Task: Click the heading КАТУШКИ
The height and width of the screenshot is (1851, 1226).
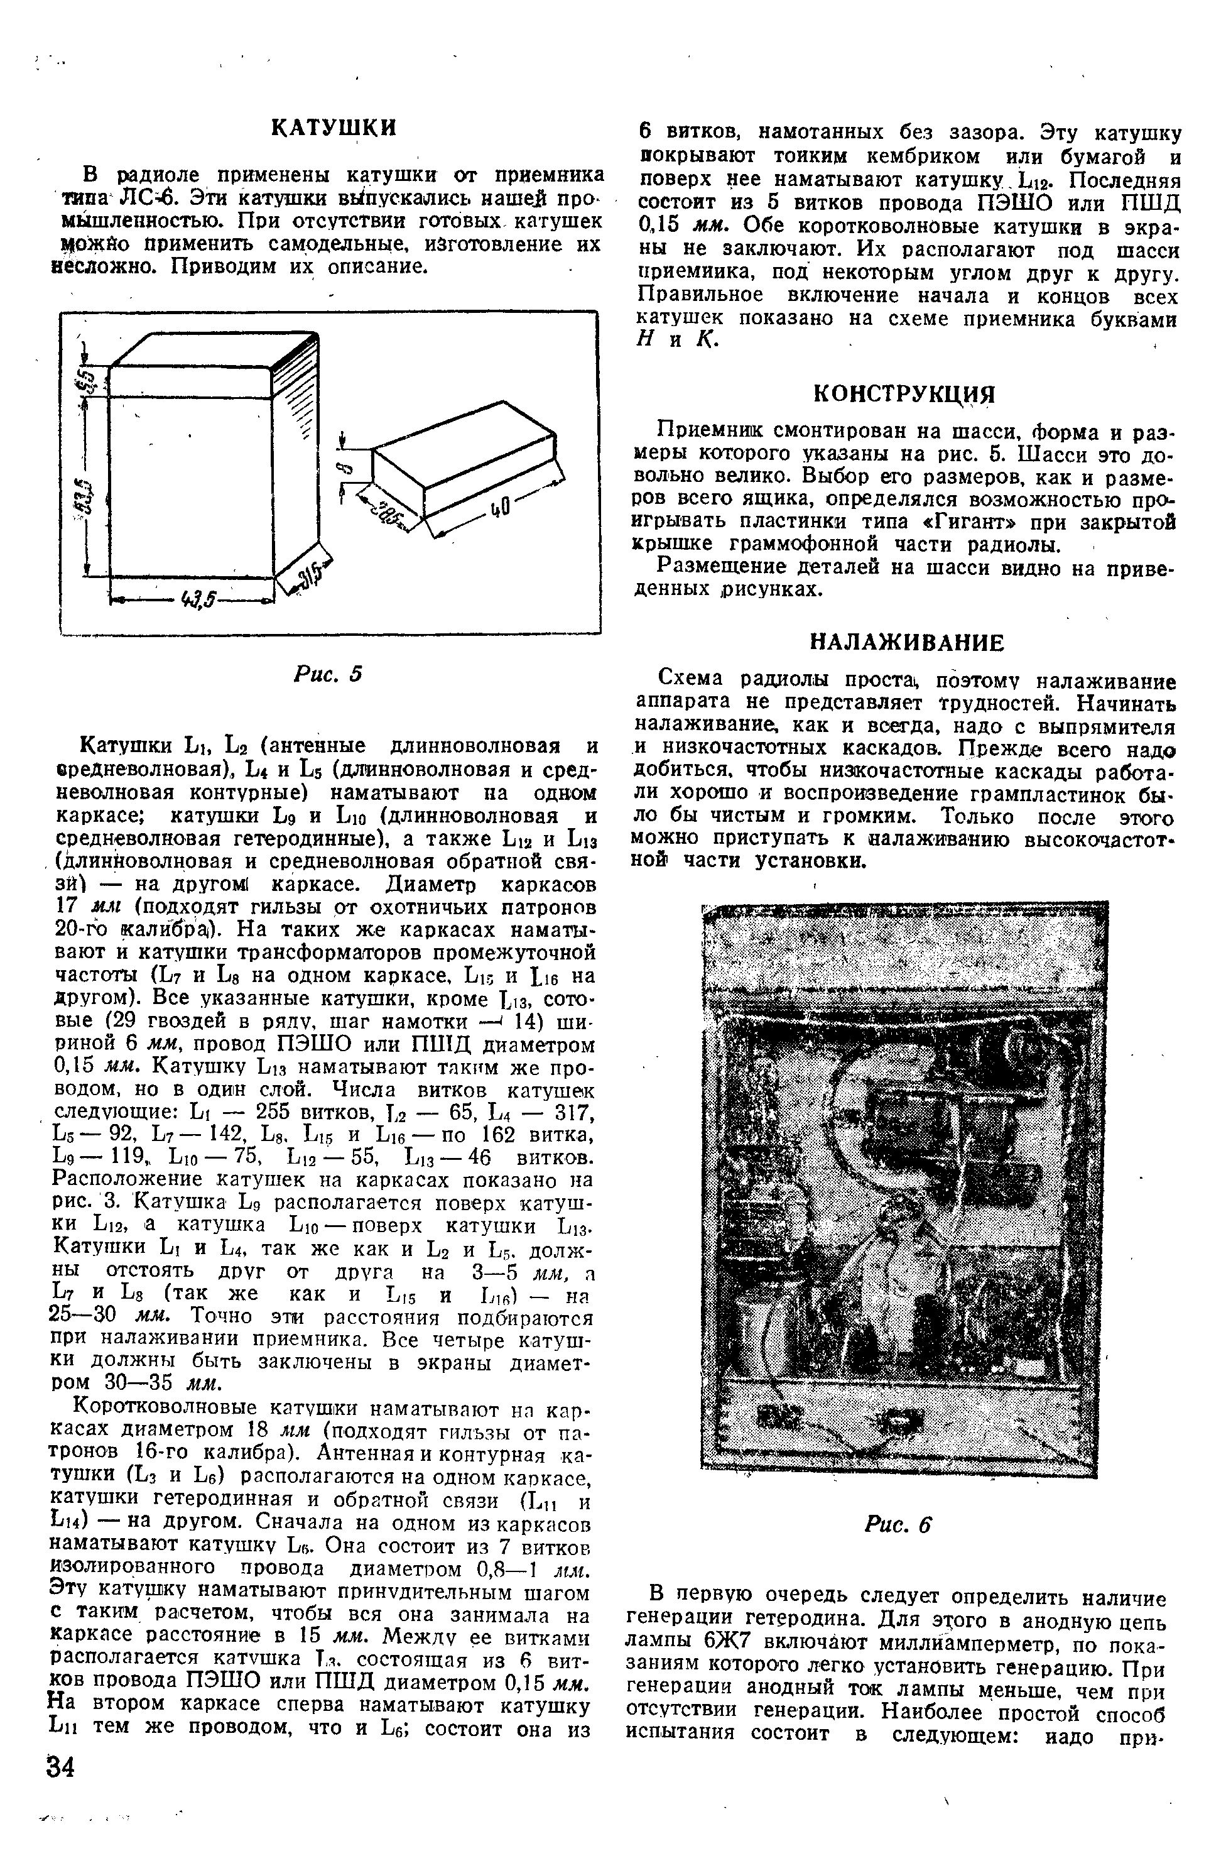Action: (334, 128)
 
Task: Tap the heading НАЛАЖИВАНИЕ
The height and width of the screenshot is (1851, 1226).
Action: (904, 643)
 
